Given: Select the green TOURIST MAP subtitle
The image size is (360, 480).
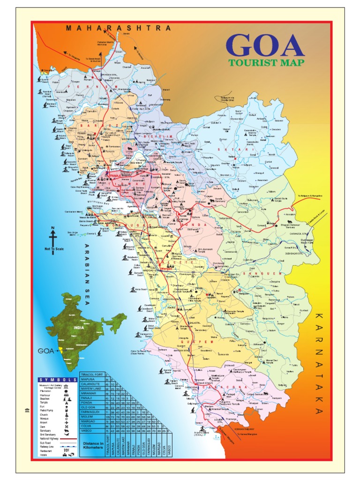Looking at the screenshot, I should pyautogui.click(x=266, y=62).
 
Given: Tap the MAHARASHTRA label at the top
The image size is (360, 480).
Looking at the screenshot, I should pyautogui.click(x=118, y=28).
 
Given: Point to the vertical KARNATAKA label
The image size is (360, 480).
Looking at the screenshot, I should pyautogui.click(x=319, y=363).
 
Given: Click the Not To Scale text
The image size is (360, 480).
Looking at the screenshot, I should pyautogui.click(x=53, y=248).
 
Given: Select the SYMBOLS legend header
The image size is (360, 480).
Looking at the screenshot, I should pyautogui.click(x=57, y=380).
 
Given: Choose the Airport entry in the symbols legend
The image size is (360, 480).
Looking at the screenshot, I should pyautogui.click(x=44, y=422).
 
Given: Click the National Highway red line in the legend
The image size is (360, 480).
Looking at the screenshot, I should pyautogui.click(x=68, y=439).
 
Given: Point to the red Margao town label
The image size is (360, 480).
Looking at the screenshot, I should pyautogui.click(x=167, y=268).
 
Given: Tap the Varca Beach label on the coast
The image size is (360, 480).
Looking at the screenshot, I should pyautogui.click(x=141, y=289).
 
